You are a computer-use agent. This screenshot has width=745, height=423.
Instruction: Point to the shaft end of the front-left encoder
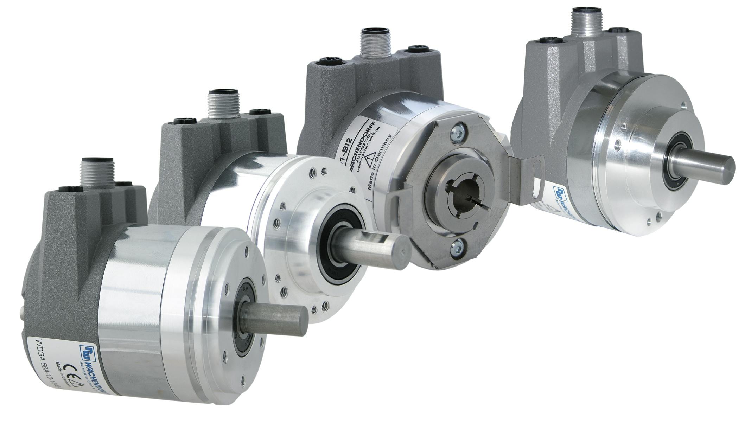(x=302, y=321)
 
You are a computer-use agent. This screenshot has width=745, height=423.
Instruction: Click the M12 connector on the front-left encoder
(x=96, y=172)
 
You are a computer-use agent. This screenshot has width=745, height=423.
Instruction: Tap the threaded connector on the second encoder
(x=224, y=104)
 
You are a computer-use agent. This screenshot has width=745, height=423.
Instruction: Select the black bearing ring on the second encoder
(x=343, y=246)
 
